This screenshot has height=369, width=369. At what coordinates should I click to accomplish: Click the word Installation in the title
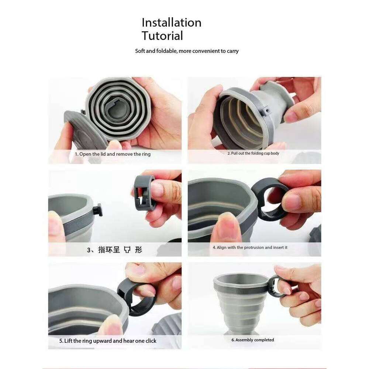click(172, 23)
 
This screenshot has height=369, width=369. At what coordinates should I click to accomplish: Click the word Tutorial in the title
click(162, 36)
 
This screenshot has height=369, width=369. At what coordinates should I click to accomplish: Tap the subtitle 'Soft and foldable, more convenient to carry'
click(187, 51)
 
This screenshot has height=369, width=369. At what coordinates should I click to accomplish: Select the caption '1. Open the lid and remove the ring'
click(113, 154)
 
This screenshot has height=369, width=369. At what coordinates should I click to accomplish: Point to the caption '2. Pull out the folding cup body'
click(253, 153)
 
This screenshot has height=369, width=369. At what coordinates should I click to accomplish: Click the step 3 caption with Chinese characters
click(114, 250)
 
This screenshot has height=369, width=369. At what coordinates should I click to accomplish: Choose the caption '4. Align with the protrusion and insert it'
click(250, 248)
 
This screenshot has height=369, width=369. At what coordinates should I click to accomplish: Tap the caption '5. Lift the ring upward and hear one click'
click(108, 341)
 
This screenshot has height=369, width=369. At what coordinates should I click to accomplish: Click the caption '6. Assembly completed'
click(253, 340)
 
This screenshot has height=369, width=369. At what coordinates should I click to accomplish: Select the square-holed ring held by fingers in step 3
click(144, 192)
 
